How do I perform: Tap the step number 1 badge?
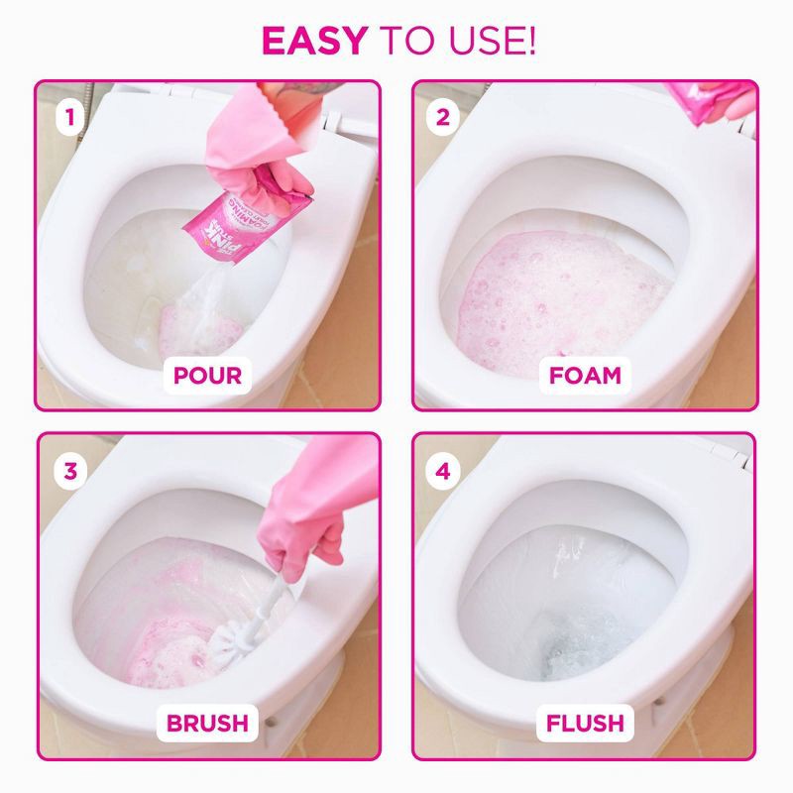pos(68,118)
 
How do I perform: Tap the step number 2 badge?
pos(443,118)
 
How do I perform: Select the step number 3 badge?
pos(68,471)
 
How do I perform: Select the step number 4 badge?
pos(443,471)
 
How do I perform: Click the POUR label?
pos(207,376)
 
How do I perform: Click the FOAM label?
pos(585,376)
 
